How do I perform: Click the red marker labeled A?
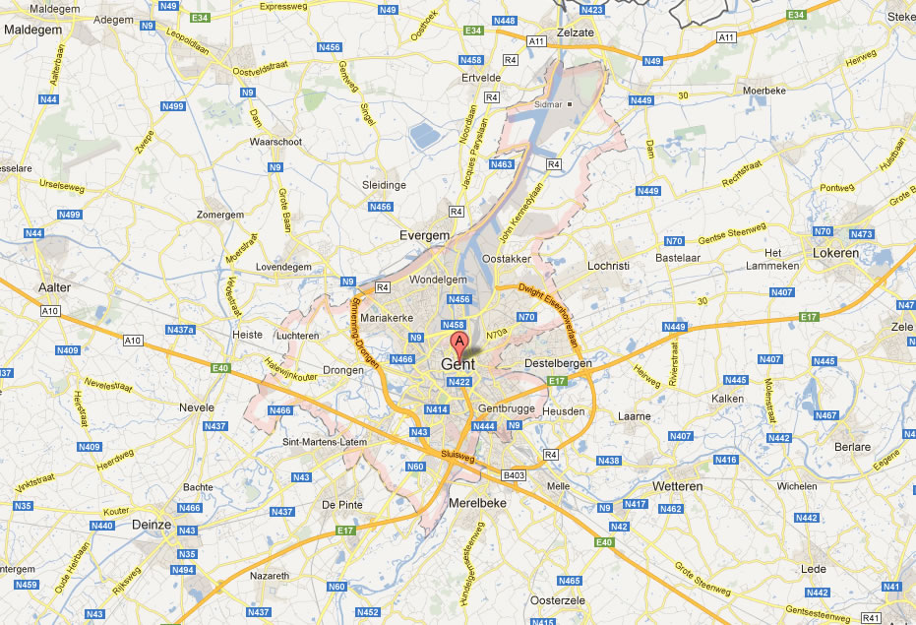[x=458, y=344]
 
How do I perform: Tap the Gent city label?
[x=458, y=364]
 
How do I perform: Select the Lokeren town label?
[x=835, y=253]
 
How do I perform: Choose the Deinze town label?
[x=152, y=525]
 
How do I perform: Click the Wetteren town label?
[x=677, y=486]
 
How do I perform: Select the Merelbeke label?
[x=476, y=502]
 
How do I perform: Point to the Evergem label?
[x=424, y=235]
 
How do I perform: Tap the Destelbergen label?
[x=558, y=363]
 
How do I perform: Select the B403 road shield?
[x=515, y=475]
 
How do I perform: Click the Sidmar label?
[x=545, y=102]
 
